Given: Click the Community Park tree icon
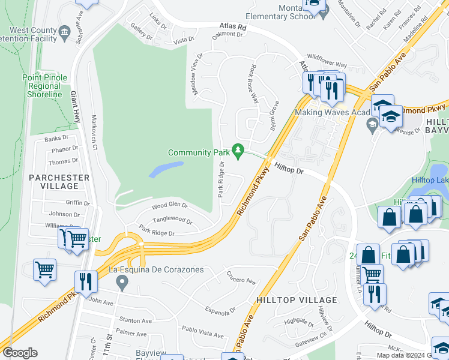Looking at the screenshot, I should pos(239,149).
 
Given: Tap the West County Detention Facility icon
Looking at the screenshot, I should pos(64,31).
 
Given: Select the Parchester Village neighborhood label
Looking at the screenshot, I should pos(59,182).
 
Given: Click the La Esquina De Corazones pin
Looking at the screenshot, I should pos(122,281).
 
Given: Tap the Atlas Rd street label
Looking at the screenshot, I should pos(234,27).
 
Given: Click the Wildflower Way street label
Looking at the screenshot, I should pos(327,64).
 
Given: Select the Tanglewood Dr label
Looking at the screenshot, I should pos(172,220).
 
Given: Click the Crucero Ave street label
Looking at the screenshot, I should pos(241,279).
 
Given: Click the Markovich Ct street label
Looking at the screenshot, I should pos(94,130).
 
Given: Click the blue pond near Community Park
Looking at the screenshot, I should pos(165,170).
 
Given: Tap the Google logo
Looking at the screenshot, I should pos(20,353).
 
